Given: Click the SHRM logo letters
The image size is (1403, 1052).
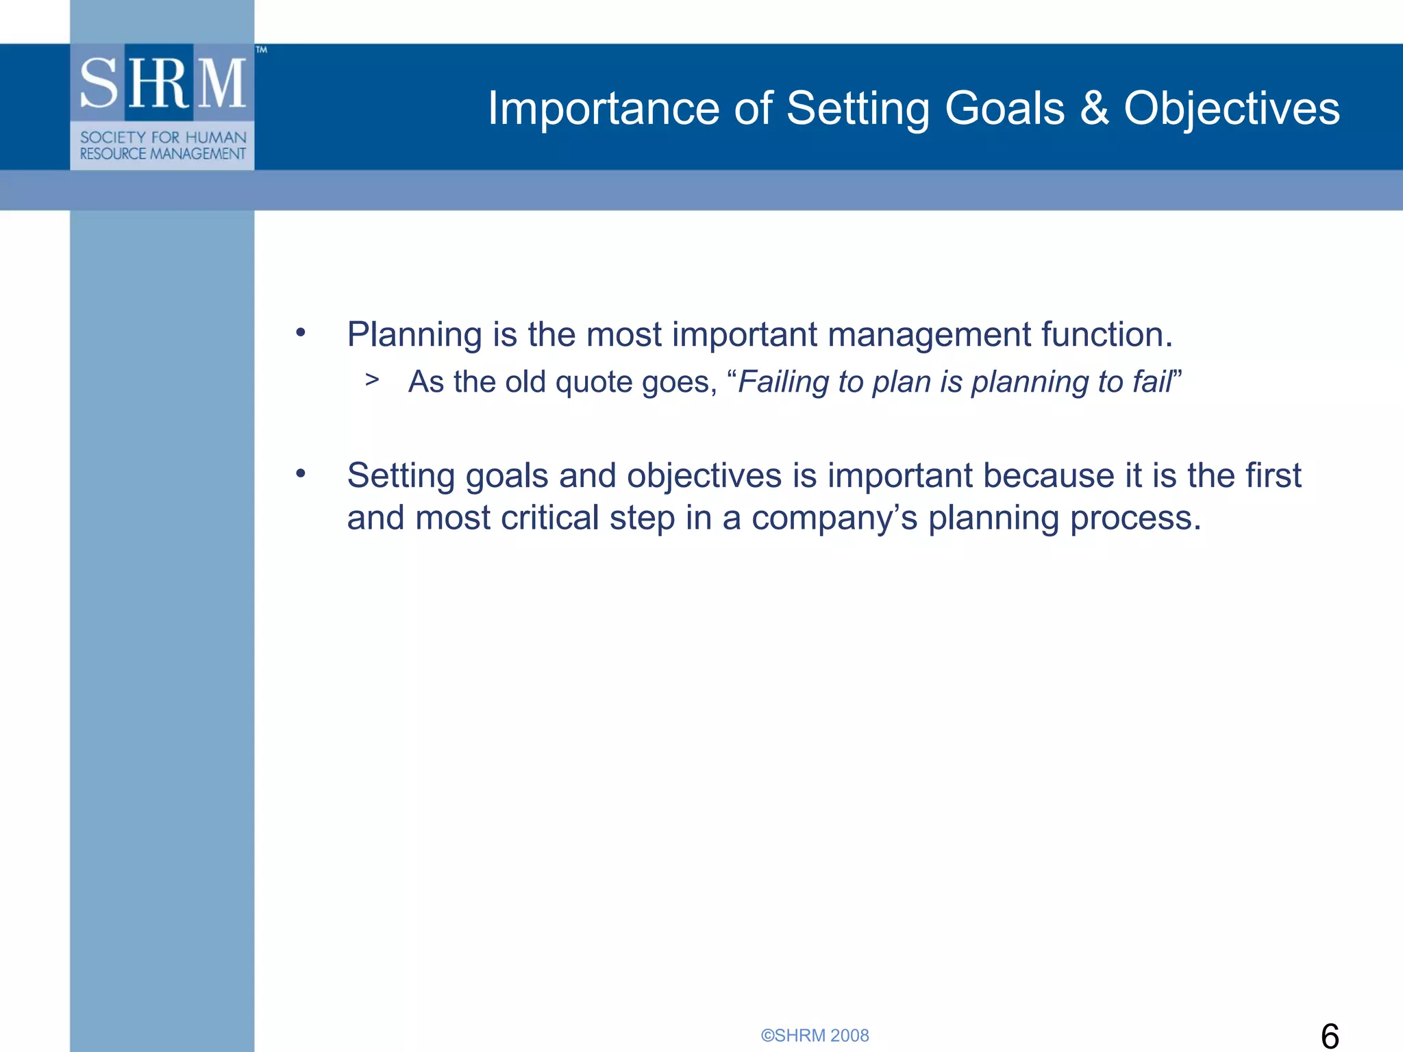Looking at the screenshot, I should tap(163, 84).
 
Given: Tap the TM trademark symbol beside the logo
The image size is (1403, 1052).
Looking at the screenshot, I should tap(261, 49).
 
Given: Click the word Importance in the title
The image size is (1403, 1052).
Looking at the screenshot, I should tap(603, 109).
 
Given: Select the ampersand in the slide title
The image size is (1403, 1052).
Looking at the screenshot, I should tap(1094, 108).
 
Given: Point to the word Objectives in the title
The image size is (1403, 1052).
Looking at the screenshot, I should tap(1231, 109).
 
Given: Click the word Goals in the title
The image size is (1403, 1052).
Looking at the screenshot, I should tap(1004, 108).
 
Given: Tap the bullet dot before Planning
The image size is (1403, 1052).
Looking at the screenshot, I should tap(300, 333).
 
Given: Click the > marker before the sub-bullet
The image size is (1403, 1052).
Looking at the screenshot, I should tap(372, 379).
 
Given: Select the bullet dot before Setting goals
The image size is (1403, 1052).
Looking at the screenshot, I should tap(300, 474).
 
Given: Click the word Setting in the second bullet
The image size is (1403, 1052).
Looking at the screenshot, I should tap(401, 476).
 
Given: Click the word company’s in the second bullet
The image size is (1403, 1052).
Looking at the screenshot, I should tap(834, 518).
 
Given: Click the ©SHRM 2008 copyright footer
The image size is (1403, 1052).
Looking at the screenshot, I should tap(815, 1035).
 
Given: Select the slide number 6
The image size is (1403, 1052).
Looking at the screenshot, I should tap(1329, 1036).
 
